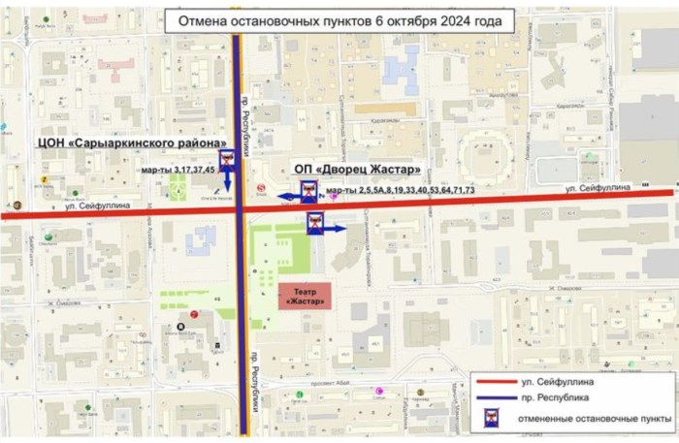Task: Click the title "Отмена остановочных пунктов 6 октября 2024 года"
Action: tap(339, 21)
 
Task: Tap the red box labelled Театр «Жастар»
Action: tap(305, 296)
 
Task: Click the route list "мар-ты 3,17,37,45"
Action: tap(178, 171)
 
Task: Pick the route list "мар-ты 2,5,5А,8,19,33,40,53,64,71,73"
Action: tap(401, 190)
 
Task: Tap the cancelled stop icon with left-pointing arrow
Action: tap(308, 190)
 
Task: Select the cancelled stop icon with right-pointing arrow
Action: tap(314, 225)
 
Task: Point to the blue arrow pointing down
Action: tap(227, 181)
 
